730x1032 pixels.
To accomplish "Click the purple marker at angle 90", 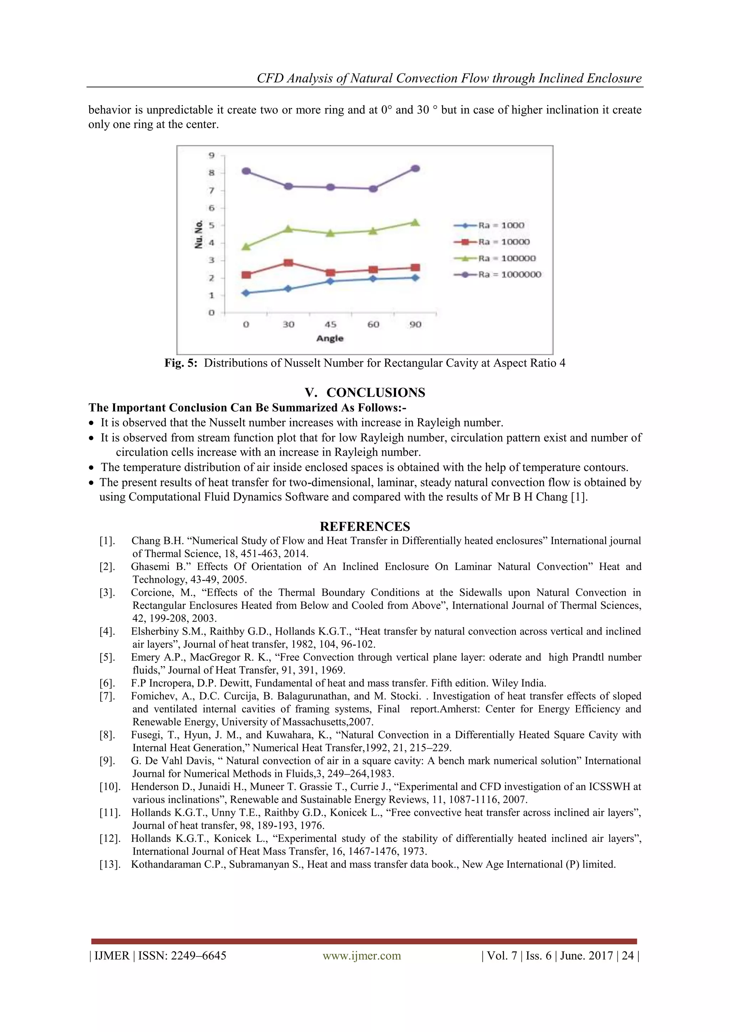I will click(416, 168).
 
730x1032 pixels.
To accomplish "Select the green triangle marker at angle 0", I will click(246, 246).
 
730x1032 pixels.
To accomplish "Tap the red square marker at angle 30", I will click(288, 263).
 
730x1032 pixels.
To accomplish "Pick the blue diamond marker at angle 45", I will click(330, 281).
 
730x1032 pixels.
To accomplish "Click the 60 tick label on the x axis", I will click(373, 325).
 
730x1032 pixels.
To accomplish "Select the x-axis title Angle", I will click(330, 338).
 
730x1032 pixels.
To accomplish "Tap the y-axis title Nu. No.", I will click(198, 234).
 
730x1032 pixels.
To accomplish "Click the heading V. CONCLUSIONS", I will click(365, 393).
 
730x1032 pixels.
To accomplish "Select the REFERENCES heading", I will click(365, 527).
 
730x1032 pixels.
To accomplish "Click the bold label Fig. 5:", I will click(181, 363).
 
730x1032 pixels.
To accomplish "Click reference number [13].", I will click(109, 864).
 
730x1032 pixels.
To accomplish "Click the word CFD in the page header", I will click(270, 78).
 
